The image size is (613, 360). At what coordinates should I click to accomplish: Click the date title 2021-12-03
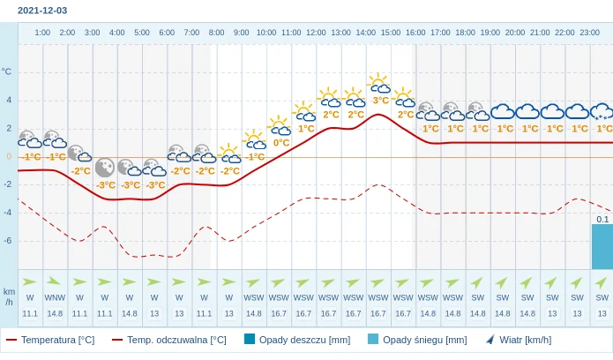42,11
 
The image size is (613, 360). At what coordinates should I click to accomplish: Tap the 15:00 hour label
391,33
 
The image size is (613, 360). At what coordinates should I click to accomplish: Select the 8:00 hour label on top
216,33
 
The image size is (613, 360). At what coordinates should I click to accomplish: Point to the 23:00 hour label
590,33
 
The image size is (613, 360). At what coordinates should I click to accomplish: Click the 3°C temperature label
380,101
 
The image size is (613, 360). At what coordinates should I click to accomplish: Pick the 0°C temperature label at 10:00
281,142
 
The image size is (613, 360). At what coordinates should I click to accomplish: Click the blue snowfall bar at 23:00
602,246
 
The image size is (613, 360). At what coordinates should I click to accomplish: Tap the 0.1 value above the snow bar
602,219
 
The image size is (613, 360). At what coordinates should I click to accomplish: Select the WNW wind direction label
55,297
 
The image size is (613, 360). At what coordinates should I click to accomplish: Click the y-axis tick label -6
7,240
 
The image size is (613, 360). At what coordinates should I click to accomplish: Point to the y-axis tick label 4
9,100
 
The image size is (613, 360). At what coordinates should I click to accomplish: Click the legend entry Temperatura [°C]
50,340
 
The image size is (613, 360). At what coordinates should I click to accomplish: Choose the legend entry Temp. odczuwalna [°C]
168,340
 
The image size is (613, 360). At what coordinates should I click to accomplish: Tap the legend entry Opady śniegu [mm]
416,340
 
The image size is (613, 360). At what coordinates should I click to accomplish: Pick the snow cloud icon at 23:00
602,112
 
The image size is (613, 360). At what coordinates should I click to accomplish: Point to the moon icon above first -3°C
105,167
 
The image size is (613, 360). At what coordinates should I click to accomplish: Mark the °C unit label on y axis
7,71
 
